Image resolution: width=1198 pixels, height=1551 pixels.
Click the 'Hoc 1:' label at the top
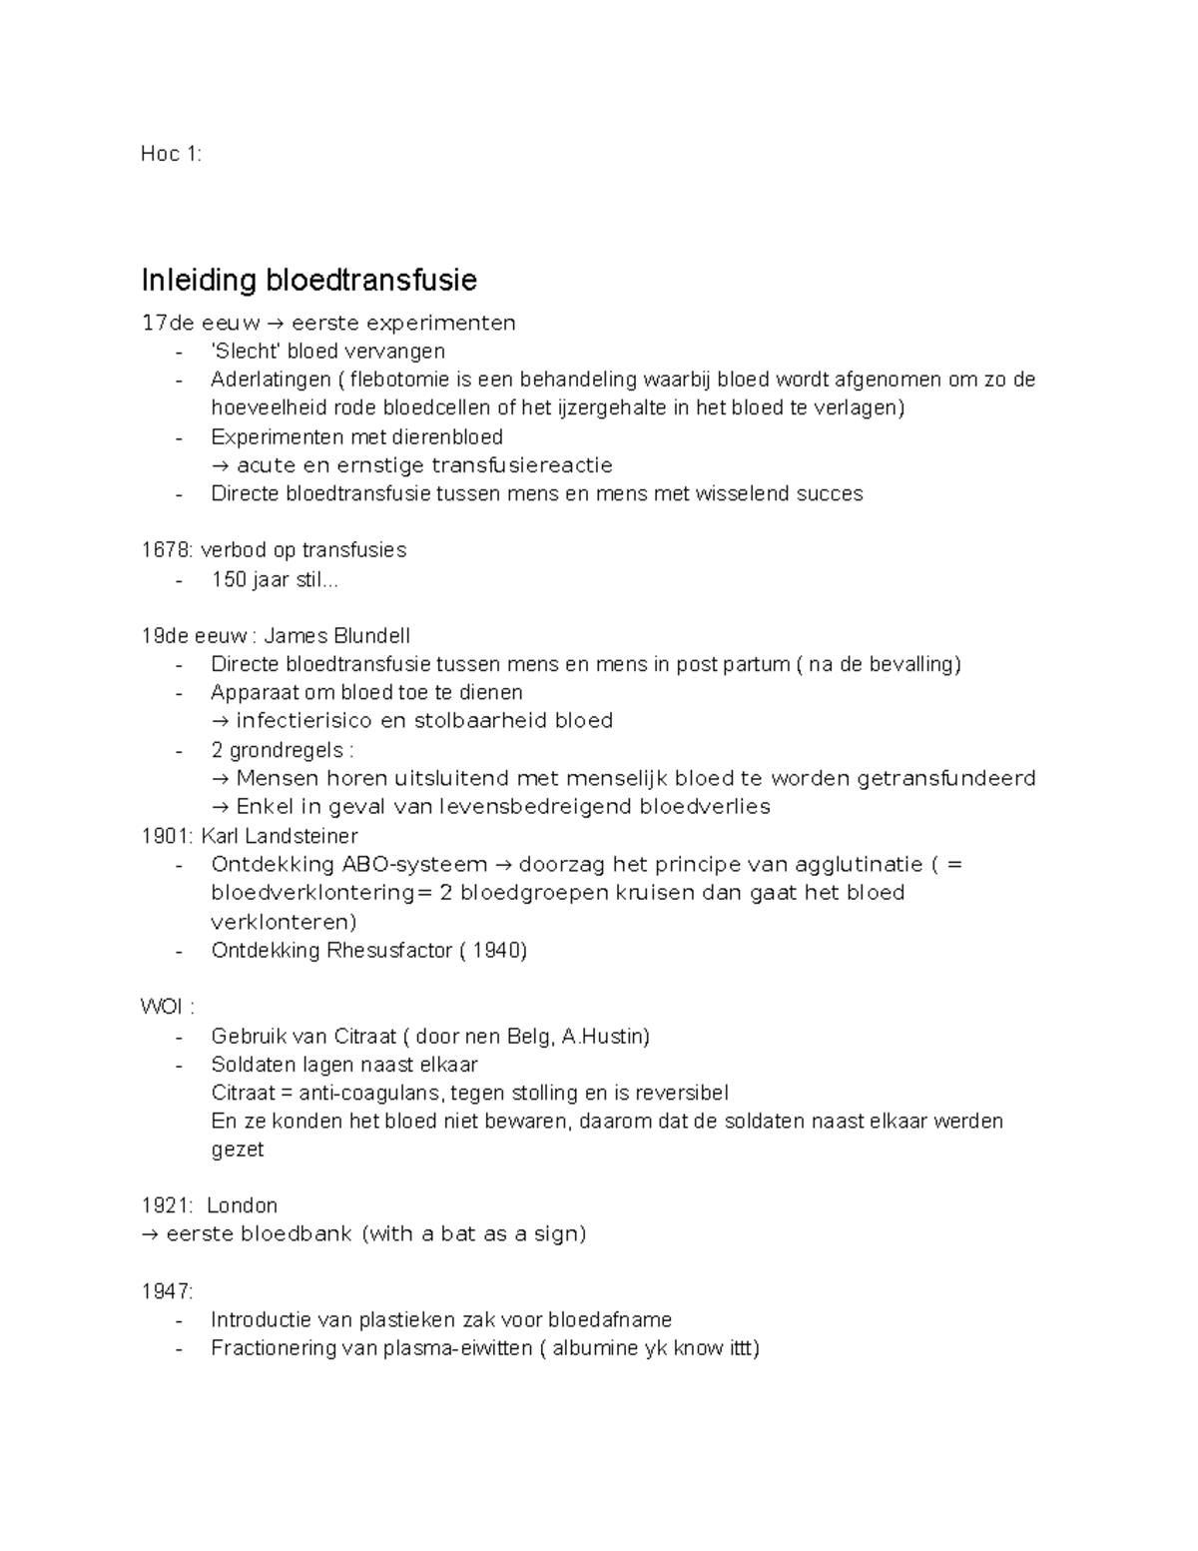click(171, 154)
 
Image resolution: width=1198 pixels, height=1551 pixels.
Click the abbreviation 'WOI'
click(161, 1007)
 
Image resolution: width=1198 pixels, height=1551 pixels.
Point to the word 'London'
click(242, 1205)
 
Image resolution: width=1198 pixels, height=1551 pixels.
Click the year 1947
click(165, 1292)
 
